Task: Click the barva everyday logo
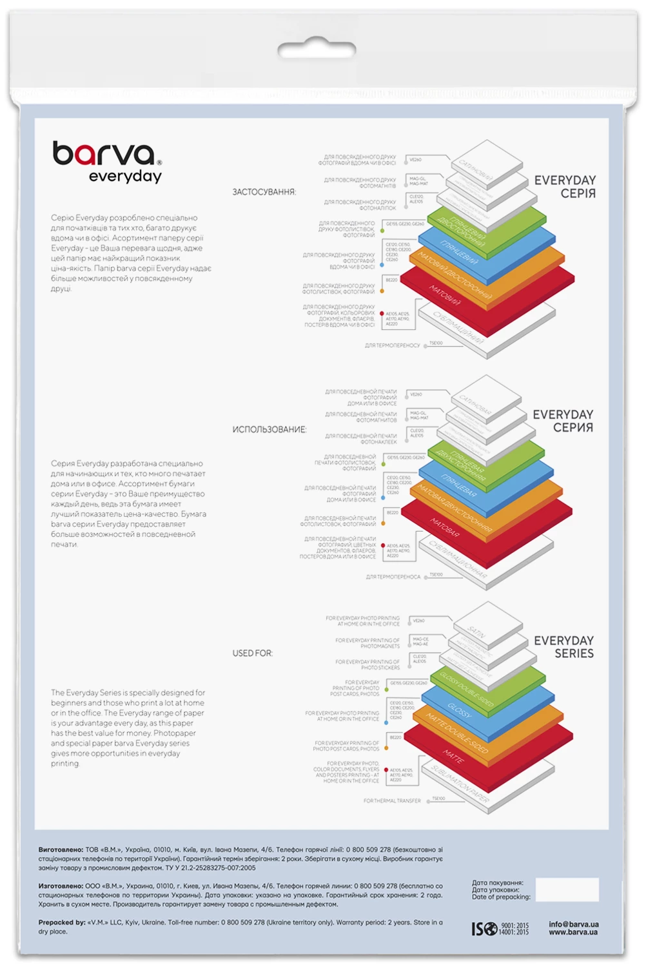107,162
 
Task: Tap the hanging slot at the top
317,50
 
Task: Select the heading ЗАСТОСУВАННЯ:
264,192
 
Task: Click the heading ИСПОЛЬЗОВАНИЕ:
269,429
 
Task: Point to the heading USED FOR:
252,653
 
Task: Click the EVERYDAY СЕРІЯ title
565,186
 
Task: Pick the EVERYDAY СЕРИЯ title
563,420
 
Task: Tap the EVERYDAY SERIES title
563,646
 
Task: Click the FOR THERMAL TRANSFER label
392,800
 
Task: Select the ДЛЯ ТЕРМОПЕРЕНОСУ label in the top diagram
392,345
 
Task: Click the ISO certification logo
484,929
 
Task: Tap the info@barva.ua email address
573,924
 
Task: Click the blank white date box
567,889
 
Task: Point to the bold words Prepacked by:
61,922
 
